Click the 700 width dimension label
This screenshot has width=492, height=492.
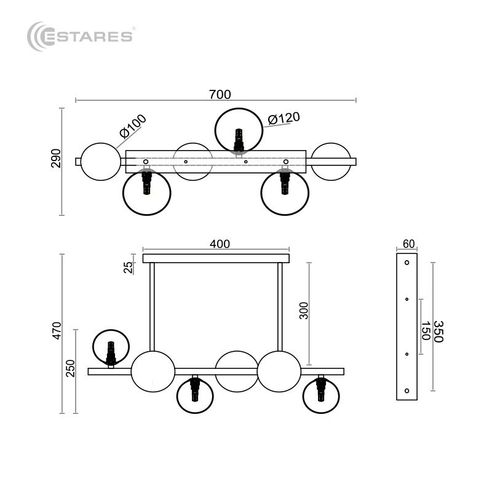pyautogui.click(x=220, y=94)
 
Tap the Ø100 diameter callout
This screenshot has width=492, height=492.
pyautogui.click(x=133, y=126)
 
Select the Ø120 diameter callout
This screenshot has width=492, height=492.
pyautogui.click(x=284, y=118)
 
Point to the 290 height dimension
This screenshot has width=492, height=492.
pyautogui.click(x=56, y=159)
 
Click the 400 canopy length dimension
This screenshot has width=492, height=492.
pyautogui.click(x=220, y=244)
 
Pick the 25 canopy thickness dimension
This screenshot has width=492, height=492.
pyautogui.click(x=129, y=268)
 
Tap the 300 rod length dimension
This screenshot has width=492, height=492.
pyautogui.click(x=304, y=311)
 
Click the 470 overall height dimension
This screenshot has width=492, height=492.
pyautogui.click(x=57, y=330)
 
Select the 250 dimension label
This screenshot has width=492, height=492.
pyautogui.click(x=70, y=368)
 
